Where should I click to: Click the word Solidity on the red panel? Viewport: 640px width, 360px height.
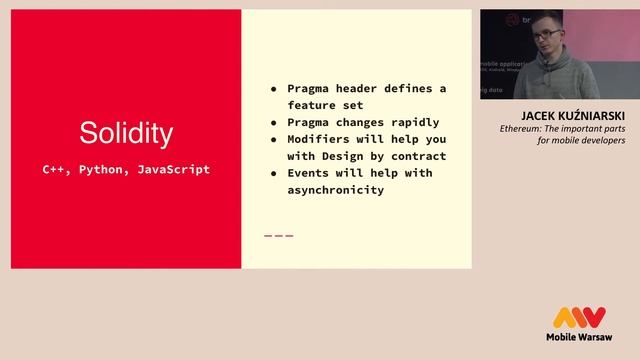click(x=126, y=133)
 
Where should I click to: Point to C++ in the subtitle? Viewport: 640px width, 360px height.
click(x=54, y=169)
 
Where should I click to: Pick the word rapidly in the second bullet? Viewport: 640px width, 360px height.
click(x=412, y=122)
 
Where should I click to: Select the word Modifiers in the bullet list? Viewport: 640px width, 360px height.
click(x=323, y=139)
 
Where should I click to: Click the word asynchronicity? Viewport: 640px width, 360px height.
click(x=336, y=190)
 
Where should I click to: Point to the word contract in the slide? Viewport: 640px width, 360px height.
click(x=419, y=156)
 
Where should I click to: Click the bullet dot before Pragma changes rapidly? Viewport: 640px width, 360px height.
click(x=274, y=122)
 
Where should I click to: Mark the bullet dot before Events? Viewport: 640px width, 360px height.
click(x=274, y=173)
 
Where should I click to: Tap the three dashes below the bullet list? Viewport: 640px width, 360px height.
click(x=278, y=236)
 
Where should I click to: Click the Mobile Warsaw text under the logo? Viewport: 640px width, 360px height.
click(x=580, y=338)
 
